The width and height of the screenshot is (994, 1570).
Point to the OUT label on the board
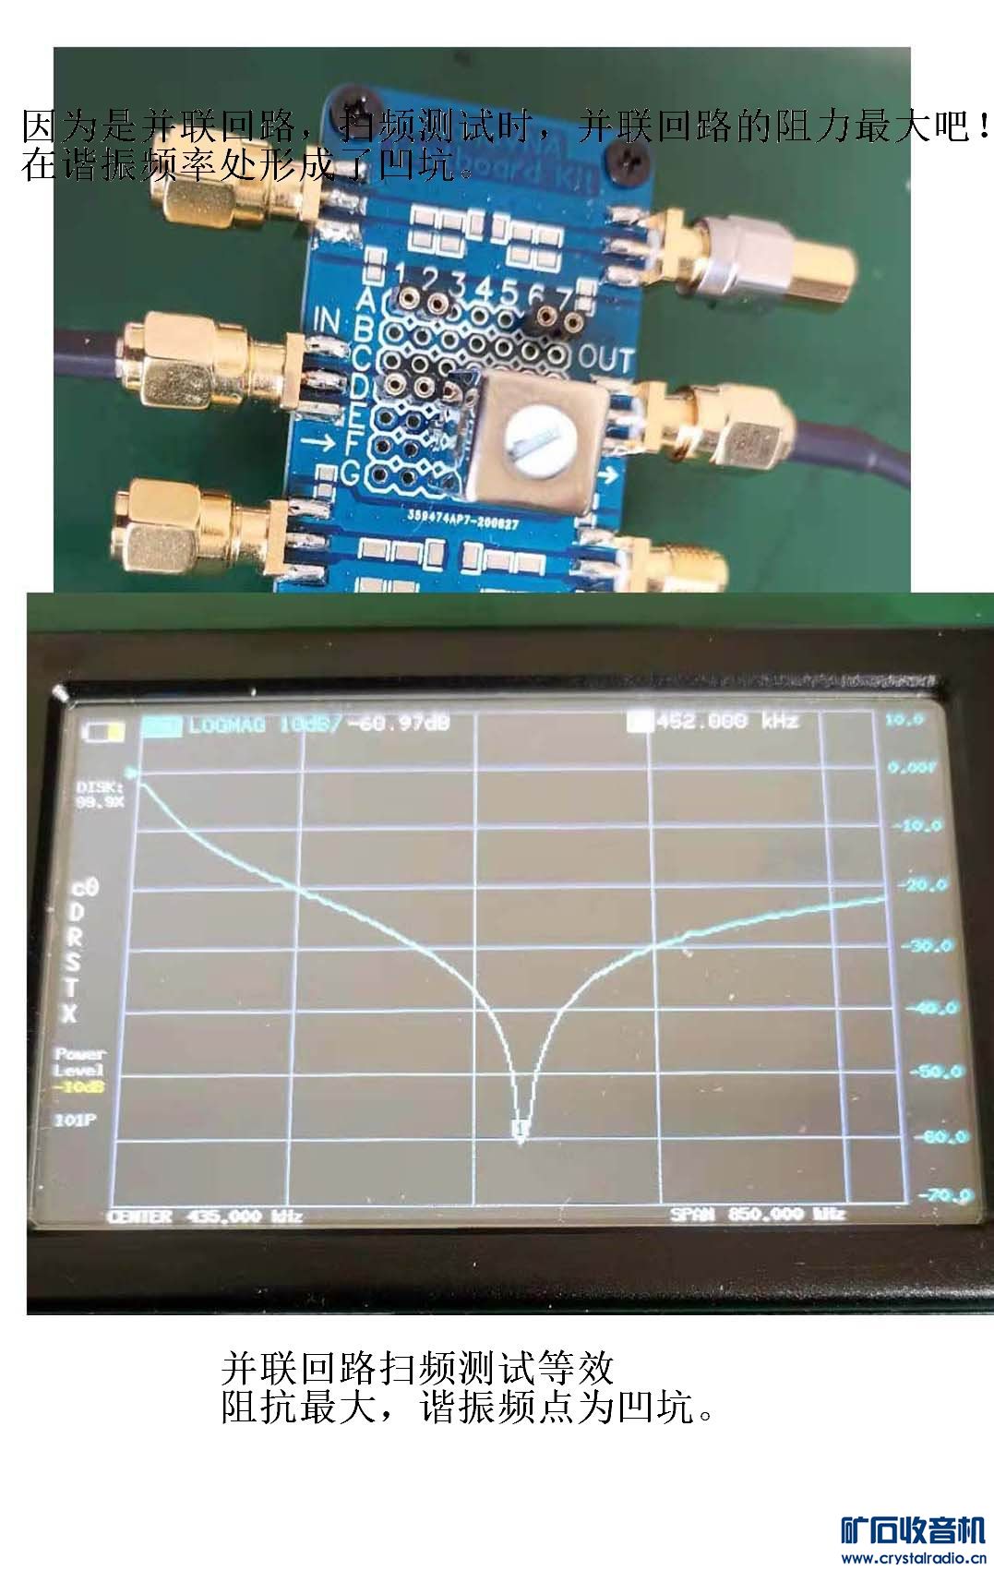(605, 359)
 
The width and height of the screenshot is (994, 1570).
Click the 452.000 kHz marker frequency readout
(725, 721)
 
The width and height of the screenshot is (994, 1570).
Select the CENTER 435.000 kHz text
(205, 1216)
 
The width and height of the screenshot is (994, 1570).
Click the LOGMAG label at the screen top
(227, 724)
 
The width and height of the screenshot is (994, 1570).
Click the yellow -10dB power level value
(78, 1086)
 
